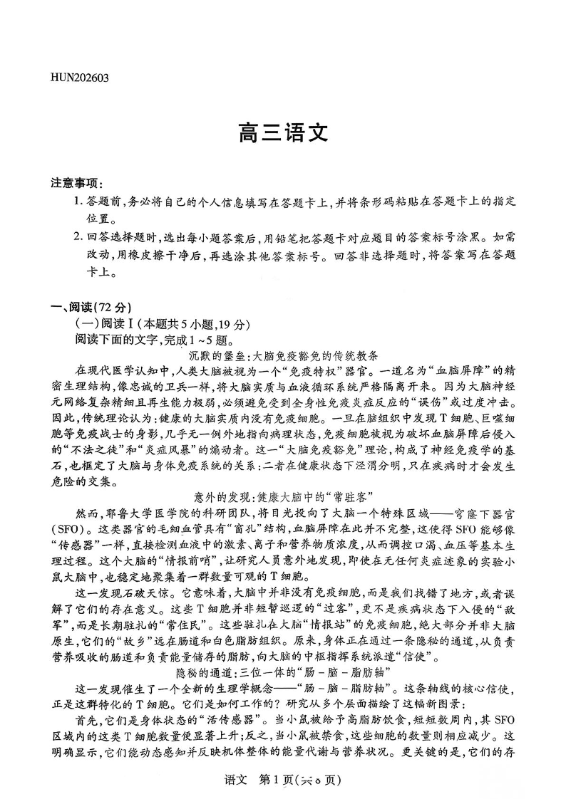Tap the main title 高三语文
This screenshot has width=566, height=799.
click(282, 133)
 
